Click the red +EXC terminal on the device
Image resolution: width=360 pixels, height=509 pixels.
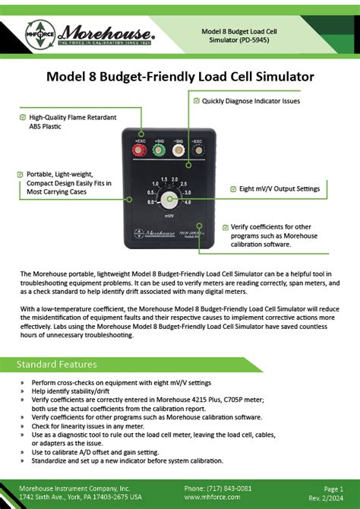coord(139,150)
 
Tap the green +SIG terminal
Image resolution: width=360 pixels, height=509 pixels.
coord(159,150)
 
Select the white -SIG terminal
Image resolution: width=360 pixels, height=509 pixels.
coord(179,150)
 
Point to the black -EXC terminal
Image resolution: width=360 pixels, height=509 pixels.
coord(198,150)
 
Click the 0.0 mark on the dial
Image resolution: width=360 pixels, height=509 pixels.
coord(151,202)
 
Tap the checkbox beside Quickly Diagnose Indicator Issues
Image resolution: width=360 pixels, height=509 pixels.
coord(196,100)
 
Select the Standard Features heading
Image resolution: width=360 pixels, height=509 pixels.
coord(57,364)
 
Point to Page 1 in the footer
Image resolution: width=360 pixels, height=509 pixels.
coord(333,488)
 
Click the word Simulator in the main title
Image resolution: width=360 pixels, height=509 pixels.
coord(278,77)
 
